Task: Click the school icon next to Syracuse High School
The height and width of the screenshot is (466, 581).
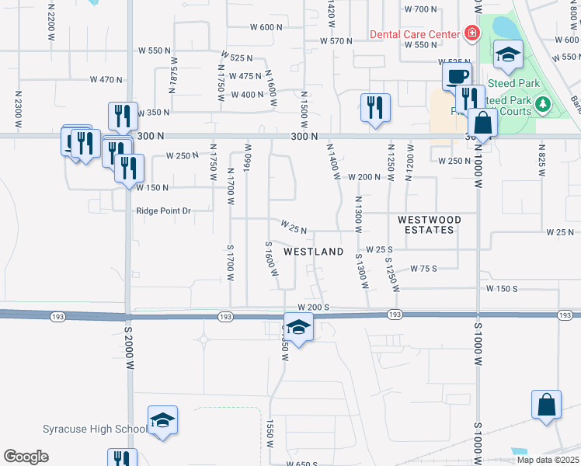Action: click(162, 420)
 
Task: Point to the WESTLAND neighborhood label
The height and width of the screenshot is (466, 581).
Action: click(314, 252)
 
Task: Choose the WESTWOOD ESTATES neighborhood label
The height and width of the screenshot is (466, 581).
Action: click(430, 224)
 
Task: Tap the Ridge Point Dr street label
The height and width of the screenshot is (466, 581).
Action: click(163, 210)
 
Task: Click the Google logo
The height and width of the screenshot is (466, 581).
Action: click(26, 457)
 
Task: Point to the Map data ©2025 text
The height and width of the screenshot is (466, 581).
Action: click(547, 460)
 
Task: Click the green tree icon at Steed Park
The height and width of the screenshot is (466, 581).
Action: click(543, 104)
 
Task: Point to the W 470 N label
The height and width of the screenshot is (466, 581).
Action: click(106, 79)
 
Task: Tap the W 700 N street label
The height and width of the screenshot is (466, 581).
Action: click(421, 9)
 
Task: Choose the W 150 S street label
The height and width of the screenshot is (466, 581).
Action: click(502, 288)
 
